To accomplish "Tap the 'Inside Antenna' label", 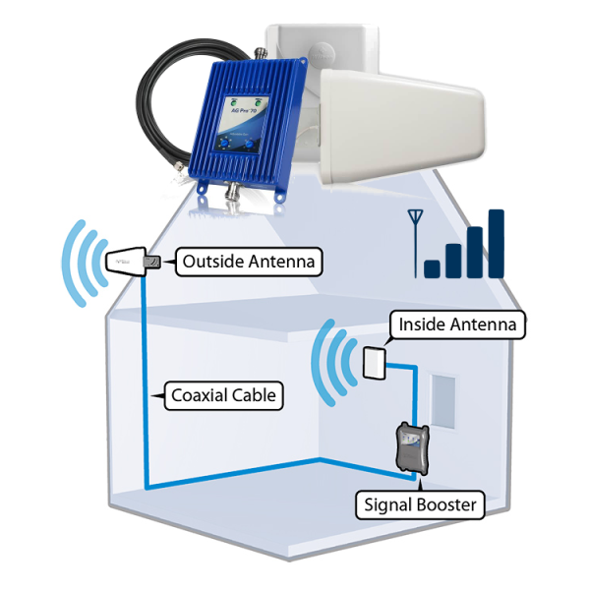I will (x=456, y=324).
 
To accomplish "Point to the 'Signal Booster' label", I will (x=420, y=505).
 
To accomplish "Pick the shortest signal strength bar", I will (x=432, y=267).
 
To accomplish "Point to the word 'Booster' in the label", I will (x=443, y=505).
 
